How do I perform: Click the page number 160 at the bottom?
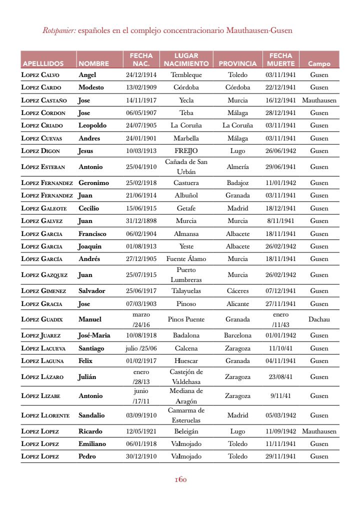180,479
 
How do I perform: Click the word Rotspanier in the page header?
59,30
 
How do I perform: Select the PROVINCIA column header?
237,64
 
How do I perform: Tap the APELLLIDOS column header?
43,64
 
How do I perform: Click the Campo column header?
319,64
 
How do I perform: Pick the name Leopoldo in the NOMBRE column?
92,125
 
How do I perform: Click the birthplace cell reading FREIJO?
186,151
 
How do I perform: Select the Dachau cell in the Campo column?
319,319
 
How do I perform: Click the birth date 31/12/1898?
141,220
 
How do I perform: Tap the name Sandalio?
91,415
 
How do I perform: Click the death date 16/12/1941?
280,100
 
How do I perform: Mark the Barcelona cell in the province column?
237,335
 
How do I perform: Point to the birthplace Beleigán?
186,431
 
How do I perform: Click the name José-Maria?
94,335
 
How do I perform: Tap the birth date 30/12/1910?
141,456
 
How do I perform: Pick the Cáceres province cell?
237,290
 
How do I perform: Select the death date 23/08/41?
280,377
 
